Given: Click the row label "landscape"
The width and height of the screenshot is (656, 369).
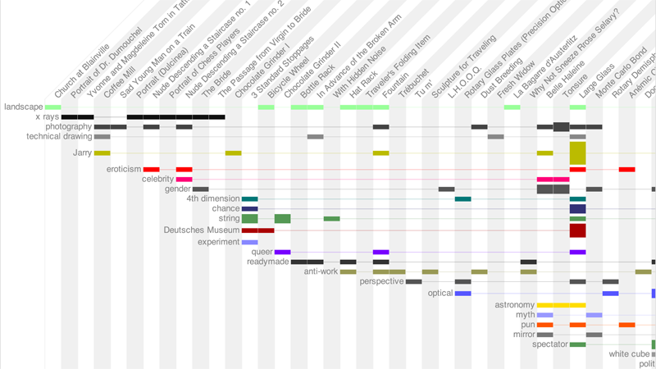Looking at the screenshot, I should (22, 107).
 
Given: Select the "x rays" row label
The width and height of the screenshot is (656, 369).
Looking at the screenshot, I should (48, 117).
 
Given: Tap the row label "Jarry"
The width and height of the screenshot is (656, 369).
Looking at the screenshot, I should (82, 153).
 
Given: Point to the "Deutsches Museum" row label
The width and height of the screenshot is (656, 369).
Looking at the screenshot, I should (202, 230).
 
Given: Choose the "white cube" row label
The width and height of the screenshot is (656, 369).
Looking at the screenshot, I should (629, 354).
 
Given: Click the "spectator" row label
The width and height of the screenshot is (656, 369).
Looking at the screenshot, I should (549, 344).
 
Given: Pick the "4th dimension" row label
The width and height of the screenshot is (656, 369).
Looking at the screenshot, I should (212, 198).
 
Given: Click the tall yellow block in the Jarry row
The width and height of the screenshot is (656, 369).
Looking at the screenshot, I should (577, 153).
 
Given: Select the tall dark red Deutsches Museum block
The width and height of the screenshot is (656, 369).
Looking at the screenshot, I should (577, 230).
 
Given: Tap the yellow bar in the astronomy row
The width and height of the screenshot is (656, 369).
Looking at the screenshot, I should (561, 305).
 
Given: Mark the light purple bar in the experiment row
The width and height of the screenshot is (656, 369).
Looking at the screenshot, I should (250, 242).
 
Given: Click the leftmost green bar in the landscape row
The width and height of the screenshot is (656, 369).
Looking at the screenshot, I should (53, 107).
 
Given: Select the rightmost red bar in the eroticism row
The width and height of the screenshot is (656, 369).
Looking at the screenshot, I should (626, 169).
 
